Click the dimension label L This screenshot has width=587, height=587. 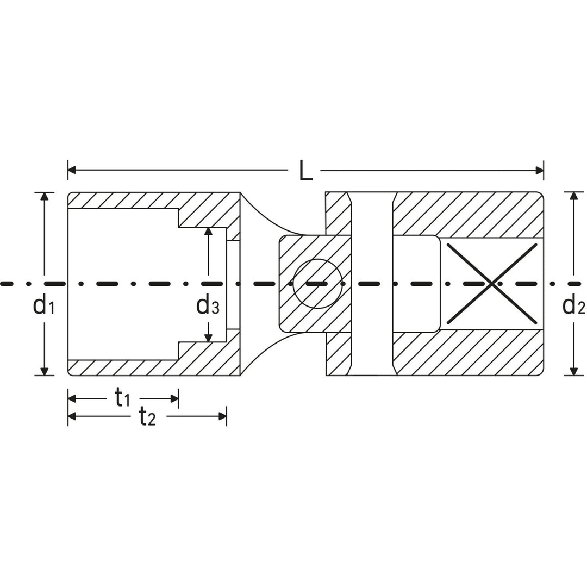coord(305,171)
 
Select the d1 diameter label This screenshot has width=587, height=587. coord(43,305)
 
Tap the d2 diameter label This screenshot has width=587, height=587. coord(573,305)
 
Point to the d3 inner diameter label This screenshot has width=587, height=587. coord(208,305)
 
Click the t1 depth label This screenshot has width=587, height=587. coord(122,399)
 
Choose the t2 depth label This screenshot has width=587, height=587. coord(147,417)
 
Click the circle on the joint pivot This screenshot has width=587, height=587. coord(317,284)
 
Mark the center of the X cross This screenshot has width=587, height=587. coord(492,283)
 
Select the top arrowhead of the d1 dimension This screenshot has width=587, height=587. coord(45,196)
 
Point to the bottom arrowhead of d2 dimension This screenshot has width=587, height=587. coord(573,371)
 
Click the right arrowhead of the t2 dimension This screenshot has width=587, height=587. coord(222,417)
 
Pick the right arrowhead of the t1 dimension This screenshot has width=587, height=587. coord(174,399)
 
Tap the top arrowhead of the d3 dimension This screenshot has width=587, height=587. coord(208,232)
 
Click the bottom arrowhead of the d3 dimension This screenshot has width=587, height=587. coord(208,338)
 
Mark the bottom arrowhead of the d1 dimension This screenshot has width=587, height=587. coord(45,371)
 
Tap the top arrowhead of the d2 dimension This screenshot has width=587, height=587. coord(573,196)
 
